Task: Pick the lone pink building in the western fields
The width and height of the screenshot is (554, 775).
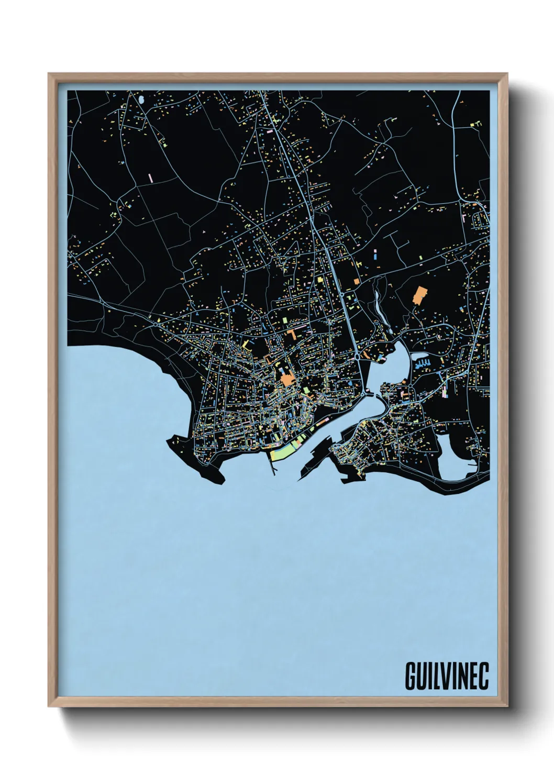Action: coord(150,178)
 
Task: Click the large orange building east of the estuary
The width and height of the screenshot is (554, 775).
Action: coord(419,295)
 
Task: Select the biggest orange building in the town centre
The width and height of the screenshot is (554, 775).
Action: coord(286,379)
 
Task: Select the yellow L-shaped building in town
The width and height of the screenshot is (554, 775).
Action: coord(246,344)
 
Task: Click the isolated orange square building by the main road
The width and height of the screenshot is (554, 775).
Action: coord(357,281)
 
